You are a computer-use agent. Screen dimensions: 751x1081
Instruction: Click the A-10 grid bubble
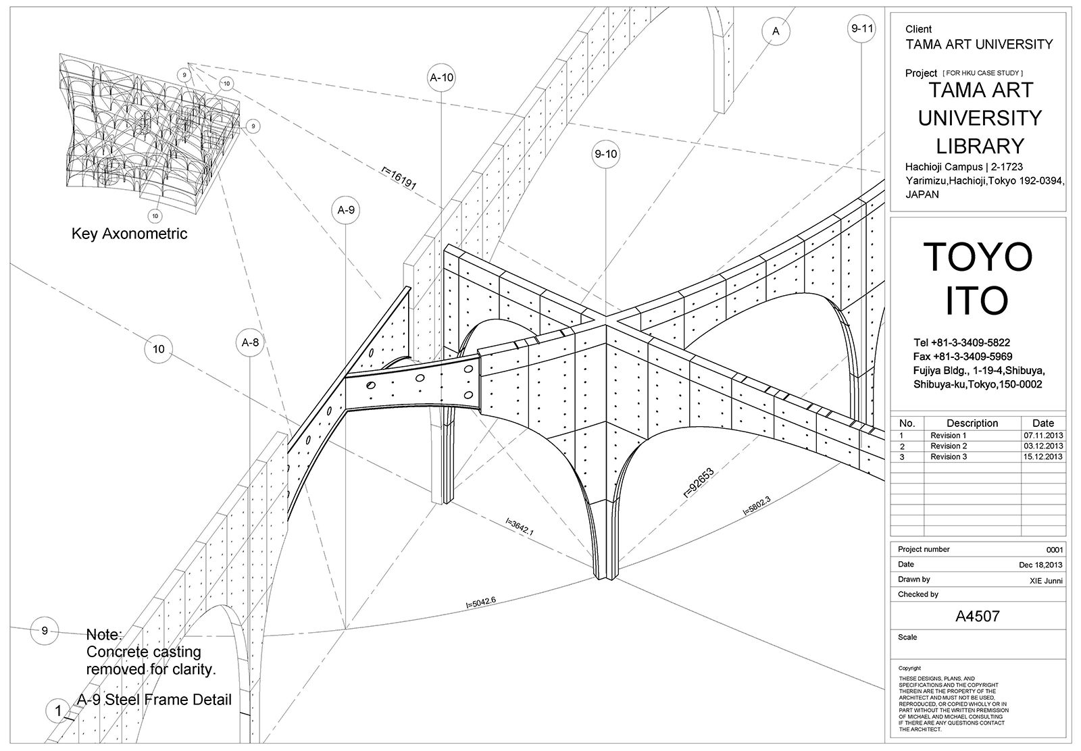[441, 78]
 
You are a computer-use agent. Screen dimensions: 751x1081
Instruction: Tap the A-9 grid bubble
[346, 210]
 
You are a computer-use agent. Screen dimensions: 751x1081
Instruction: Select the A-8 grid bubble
[250, 342]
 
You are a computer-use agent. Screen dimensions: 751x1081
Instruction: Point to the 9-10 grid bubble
[605, 155]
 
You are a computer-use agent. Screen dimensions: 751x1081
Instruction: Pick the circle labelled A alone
[776, 31]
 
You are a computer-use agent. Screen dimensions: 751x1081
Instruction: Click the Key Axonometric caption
[129, 234]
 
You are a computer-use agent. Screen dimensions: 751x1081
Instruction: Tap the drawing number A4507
[977, 616]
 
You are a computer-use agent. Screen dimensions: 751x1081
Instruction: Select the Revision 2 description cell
[948, 446]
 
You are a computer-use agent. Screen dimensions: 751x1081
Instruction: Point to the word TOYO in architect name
[977, 257]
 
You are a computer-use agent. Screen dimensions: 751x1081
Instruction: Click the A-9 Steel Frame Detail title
[154, 700]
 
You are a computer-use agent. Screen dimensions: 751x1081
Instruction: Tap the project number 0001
[1054, 550]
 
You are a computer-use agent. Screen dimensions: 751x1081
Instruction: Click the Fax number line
[962, 357]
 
